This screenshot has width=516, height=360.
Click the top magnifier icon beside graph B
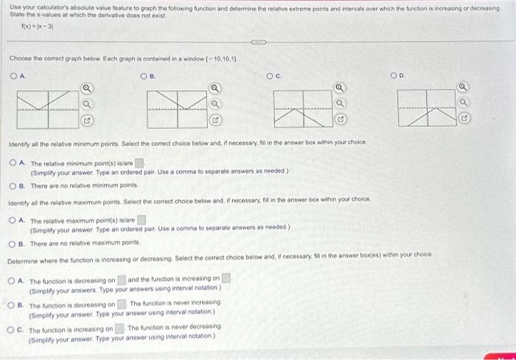coord(215,90)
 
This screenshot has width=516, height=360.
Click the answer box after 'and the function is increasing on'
coord(227,280)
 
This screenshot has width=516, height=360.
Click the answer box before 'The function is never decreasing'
coord(119,328)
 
